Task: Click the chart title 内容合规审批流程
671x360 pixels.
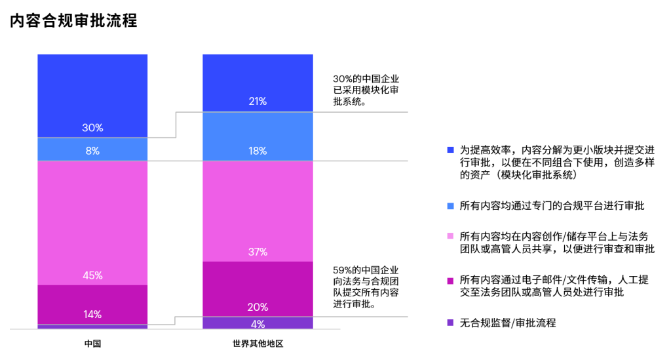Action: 73,21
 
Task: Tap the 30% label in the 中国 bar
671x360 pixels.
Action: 92,128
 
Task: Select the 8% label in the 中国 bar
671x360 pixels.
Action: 92,151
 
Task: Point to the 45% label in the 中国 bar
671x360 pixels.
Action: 92,275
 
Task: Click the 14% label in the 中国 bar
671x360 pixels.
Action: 92,314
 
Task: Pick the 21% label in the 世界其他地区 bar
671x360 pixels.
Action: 258,101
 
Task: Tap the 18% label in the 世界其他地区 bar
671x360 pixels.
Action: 258,151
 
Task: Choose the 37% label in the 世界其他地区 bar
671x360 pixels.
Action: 258,252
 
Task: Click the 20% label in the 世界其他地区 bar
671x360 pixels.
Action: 258,306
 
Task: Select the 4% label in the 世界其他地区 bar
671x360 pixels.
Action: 258,323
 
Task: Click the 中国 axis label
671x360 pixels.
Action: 92,343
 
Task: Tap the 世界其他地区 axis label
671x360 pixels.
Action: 258,343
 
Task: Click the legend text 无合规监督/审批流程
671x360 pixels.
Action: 507,323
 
